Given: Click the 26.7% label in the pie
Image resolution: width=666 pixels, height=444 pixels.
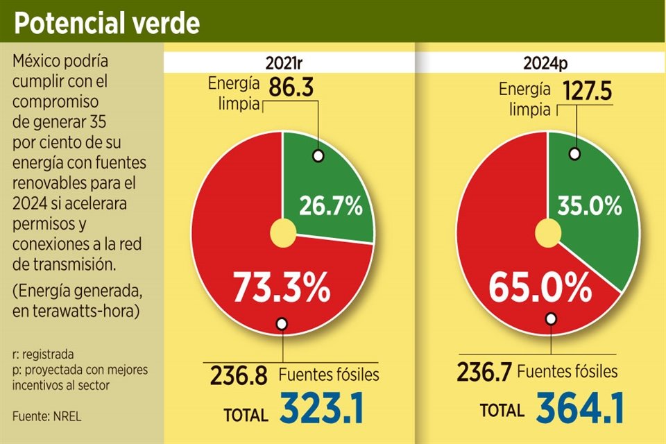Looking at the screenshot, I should point(330,205).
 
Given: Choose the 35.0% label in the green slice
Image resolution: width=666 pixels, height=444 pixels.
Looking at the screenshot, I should point(590,205).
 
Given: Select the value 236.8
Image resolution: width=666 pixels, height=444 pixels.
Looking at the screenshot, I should point(238,377).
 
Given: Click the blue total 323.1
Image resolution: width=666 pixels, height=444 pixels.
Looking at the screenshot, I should point(322,409).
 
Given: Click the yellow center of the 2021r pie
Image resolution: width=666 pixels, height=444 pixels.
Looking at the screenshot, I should point(282,232).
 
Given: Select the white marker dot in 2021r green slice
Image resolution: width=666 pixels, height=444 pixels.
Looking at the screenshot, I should point(318,155).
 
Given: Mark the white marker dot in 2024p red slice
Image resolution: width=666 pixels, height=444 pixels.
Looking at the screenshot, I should point(551,319).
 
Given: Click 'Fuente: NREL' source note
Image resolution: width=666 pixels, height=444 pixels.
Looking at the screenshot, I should point(42,416).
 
